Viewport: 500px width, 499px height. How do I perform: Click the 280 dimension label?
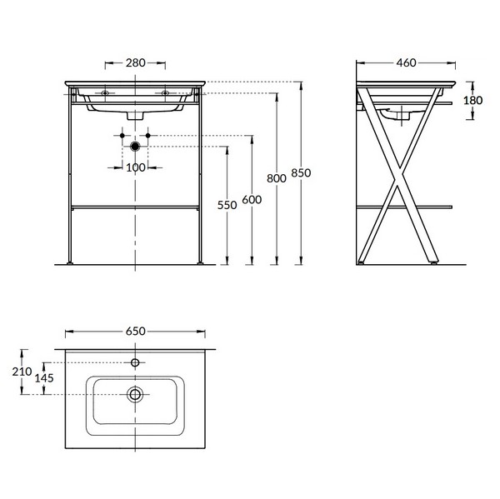click(x=136, y=62)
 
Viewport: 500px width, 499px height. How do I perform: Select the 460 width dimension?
click(x=407, y=62)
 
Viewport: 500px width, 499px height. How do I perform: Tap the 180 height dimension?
click(x=472, y=101)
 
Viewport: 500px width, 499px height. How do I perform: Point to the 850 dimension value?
click(x=301, y=172)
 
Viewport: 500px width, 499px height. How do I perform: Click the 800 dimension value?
click(x=277, y=178)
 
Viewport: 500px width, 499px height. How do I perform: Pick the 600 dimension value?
click(x=252, y=200)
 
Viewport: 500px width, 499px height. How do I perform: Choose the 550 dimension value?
click(x=227, y=205)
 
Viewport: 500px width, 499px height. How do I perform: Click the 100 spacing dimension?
click(x=136, y=167)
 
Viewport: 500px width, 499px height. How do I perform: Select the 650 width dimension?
click(x=136, y=332)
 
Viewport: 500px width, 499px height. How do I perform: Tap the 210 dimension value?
click(x=22, y=372)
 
